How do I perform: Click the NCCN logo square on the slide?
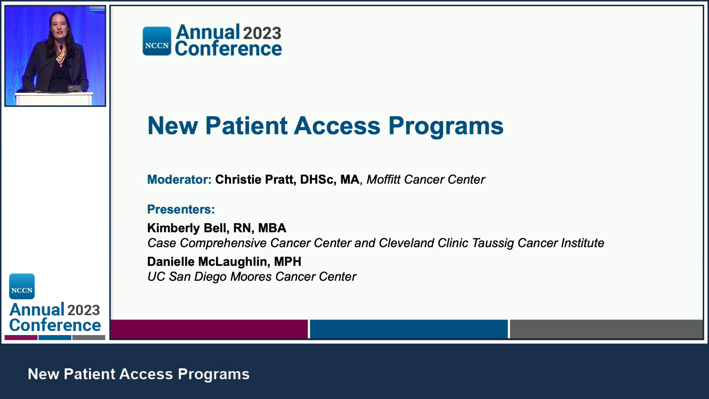point(157,41)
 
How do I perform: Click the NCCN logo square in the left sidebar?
point(22,286)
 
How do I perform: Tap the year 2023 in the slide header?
point(262,33)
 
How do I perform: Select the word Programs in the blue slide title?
point(446,126)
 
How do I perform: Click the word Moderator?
point(179,180)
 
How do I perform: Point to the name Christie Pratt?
point(254,180)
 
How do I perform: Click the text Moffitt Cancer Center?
point(425,180)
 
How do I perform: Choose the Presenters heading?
point(181,209)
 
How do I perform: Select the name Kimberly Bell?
point(186,228)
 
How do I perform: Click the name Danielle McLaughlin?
point(207,262)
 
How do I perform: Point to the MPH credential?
point(288,262)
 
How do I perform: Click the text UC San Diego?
point(187,277)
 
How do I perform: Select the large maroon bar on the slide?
point(209,329)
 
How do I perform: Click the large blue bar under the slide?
point(408,329)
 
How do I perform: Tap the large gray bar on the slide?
point(606,329)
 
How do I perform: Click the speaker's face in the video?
point(59,28)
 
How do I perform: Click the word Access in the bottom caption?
point(146,374)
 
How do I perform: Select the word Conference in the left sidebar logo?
point(55,325)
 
